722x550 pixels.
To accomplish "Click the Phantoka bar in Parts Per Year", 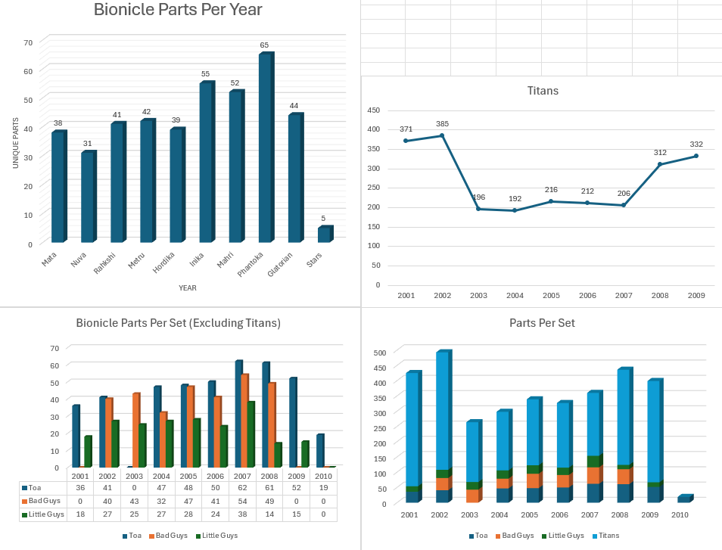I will tap(265, 148).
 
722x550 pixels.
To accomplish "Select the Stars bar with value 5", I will tap(324, 235).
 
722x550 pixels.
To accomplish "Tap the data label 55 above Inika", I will tap(205, 74).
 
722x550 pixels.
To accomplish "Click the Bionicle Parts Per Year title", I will tap(178, 10).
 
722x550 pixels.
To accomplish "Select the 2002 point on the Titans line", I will tap(442, 135).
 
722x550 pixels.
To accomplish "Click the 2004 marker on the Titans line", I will tap(515, 210).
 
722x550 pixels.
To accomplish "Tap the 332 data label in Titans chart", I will tap(696, 144).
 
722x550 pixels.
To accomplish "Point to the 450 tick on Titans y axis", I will tap(374, 110).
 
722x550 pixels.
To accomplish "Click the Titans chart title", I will tap(543, 91).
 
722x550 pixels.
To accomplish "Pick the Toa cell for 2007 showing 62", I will tap(242, 488).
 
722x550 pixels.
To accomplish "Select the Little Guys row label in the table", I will tap(45, 514).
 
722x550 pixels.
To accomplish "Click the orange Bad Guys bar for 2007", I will tap(244, 420).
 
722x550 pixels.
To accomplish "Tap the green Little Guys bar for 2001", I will tap(88, 452).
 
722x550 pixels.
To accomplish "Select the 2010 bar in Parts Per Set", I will tap(683, 499).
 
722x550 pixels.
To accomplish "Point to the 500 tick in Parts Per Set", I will tap(380, 353).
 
